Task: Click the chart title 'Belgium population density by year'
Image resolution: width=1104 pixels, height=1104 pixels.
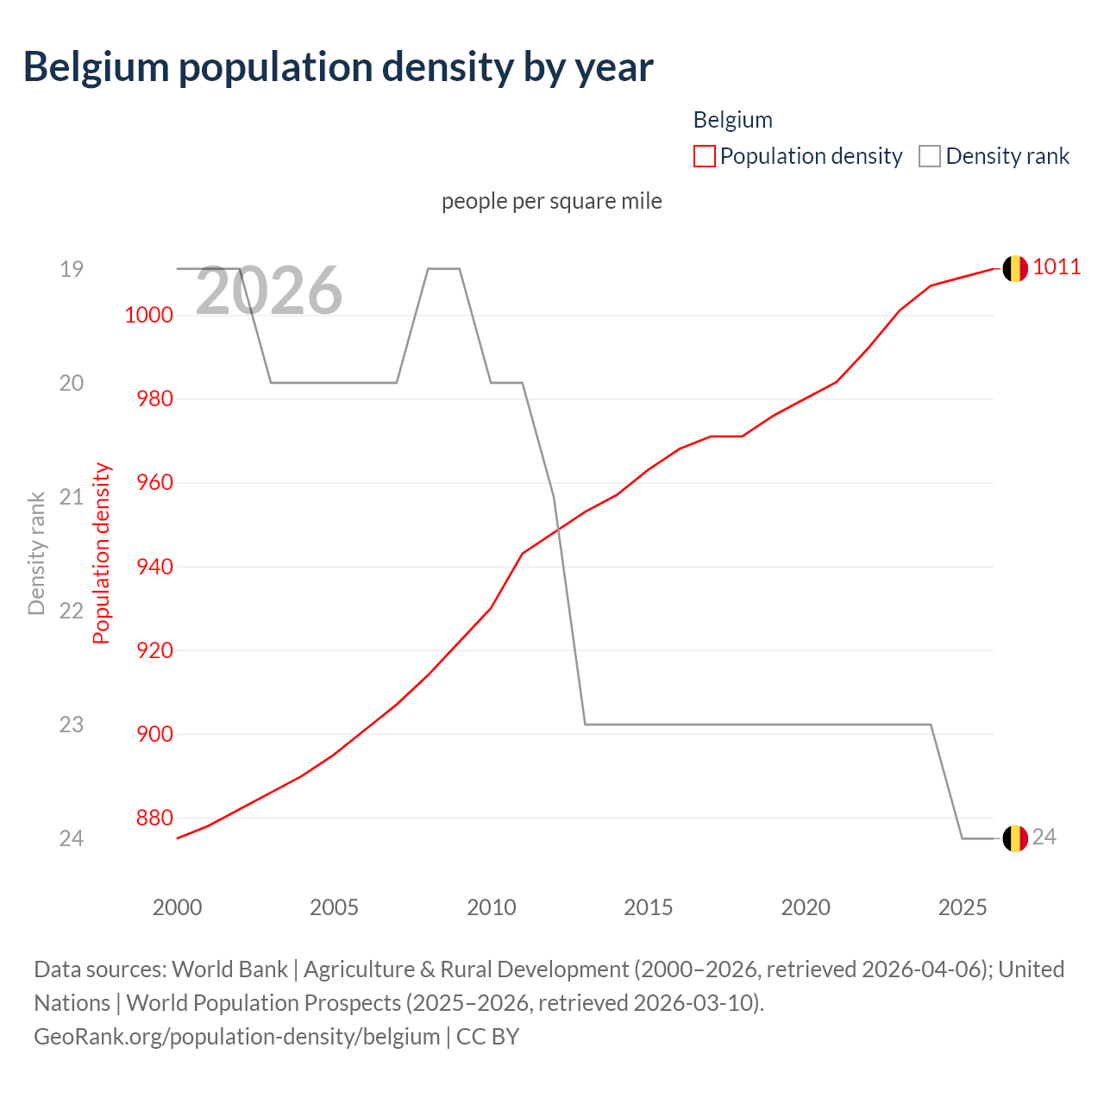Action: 338,67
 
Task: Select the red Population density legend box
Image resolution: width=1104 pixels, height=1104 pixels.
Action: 704,156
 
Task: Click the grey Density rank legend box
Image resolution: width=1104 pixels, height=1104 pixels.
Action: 929,156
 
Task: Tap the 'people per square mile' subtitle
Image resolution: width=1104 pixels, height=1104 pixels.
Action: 551,201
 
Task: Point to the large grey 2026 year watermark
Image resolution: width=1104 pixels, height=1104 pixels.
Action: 268,291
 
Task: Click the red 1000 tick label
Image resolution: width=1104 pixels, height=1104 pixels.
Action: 148,315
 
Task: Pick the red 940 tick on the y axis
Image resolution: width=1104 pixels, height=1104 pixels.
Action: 154,567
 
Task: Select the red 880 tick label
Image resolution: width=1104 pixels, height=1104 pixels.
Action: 154,818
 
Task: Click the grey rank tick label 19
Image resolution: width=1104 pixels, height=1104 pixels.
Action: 72,269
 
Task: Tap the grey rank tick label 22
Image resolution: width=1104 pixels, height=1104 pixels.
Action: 72,611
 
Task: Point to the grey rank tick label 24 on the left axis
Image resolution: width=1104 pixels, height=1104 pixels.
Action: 72,838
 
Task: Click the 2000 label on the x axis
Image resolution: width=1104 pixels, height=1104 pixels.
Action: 177,907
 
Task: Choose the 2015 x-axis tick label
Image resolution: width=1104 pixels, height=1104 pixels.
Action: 648,907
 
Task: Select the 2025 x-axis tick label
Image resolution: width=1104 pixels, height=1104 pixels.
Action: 962,907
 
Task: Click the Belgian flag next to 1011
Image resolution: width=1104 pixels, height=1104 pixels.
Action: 1014,268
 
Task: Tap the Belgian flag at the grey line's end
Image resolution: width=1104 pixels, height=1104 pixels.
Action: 1014,838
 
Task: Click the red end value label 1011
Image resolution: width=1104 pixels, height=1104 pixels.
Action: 1057,267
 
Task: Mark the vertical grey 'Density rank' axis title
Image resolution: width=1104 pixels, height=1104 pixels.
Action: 36,553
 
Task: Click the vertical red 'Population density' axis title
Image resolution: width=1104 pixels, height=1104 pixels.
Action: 102,553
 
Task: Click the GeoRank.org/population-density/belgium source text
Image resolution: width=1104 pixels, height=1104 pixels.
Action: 236,1036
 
